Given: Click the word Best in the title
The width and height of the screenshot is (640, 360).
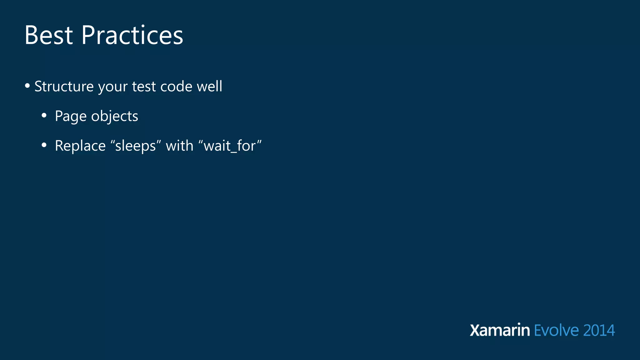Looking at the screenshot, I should coord(48,35).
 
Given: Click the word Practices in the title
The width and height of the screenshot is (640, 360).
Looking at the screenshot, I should coord(132,35).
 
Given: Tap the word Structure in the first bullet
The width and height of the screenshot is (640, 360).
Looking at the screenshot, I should coord(64,86).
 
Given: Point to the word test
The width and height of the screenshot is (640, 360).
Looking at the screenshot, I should coord(144,86).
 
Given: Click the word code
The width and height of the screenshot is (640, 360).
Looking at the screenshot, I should coord(176,86).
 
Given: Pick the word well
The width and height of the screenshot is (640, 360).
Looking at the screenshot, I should coord(209,86).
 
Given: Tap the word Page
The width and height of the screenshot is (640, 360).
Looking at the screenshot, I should coord(71,116).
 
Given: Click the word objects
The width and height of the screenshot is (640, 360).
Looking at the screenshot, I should coord(114,116).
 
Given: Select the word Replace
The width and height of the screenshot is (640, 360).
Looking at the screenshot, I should coord(80,146).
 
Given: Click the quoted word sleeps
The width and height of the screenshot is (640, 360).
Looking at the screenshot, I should coord(136,146).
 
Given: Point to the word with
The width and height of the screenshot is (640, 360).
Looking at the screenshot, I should coord(179,146).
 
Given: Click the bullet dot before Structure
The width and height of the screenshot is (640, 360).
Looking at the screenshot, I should coord(27,86).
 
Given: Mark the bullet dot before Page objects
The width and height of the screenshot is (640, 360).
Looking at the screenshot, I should coord(44,116).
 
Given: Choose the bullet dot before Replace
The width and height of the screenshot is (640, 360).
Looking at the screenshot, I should coord(44,145).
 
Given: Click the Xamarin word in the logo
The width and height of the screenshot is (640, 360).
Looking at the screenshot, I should coord(500,330).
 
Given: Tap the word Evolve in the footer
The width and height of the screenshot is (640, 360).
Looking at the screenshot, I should coord(556,330).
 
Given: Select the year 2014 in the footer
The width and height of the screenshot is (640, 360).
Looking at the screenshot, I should coord(599,330).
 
